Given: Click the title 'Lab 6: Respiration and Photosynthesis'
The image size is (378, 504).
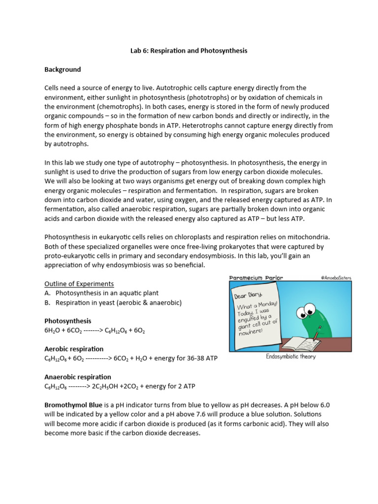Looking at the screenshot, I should click(189, 51).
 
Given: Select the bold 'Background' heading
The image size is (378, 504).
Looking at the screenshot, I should click(63, 69).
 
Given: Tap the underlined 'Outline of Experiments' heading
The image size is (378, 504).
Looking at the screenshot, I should click(79, 284).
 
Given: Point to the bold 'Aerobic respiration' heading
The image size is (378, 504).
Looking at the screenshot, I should click(74, 349).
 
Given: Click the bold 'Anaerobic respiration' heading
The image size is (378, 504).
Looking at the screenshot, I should click(78, 377).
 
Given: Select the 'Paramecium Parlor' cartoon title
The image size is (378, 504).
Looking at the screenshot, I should click(256, 278).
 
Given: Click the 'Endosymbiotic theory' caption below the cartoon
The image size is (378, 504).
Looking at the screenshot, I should click(290, 357).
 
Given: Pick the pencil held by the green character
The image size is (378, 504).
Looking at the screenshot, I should click(317, 332).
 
